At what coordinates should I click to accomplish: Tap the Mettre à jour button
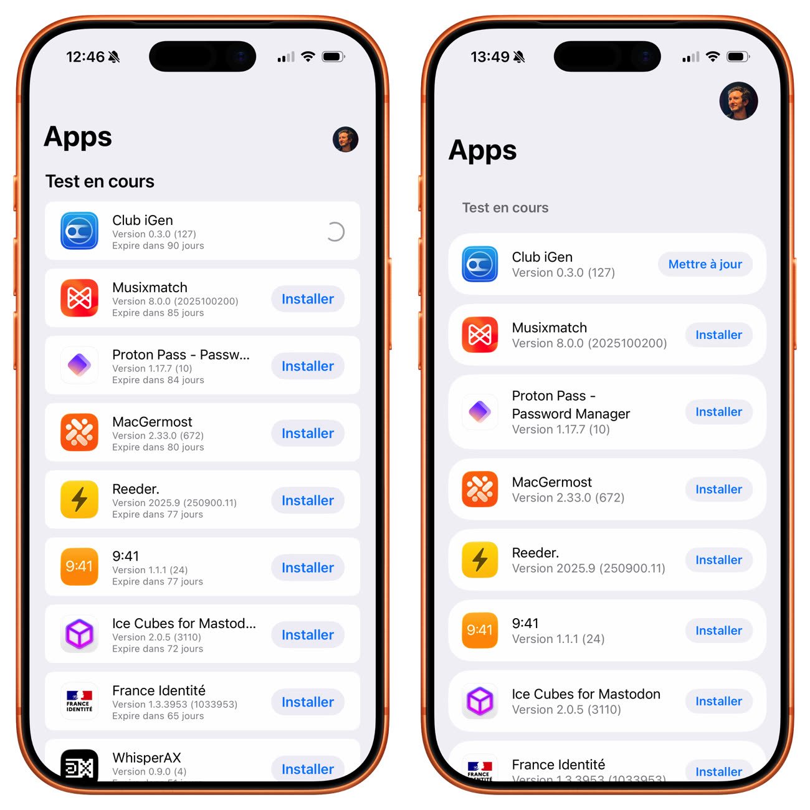coord(705,264)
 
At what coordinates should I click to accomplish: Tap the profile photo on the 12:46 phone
coord(345,139)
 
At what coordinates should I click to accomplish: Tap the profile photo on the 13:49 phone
coord(738,101)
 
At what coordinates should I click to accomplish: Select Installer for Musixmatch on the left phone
coord(308,299)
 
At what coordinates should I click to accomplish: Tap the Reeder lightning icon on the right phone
coord(480,560)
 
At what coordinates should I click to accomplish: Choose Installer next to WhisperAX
coord(308,769)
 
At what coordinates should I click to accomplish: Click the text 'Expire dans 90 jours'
coord(158,245)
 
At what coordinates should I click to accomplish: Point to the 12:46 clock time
coord(85,57)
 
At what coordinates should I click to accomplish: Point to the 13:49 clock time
coord(490,57)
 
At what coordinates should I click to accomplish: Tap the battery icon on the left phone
coord(333,57)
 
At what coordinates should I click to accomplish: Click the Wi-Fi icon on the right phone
coord(712,56)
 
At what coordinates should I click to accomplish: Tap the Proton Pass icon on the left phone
coord(80,365)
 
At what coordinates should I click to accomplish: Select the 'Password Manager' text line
coord(571,414)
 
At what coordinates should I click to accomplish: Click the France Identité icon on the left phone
coord(80,701)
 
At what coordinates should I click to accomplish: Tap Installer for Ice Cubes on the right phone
coord(718,701)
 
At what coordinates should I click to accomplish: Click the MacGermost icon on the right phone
coord(480,489)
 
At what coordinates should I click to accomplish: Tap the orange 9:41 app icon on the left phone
coord(80,566)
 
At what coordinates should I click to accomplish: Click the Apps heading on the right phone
coord(482,151)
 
